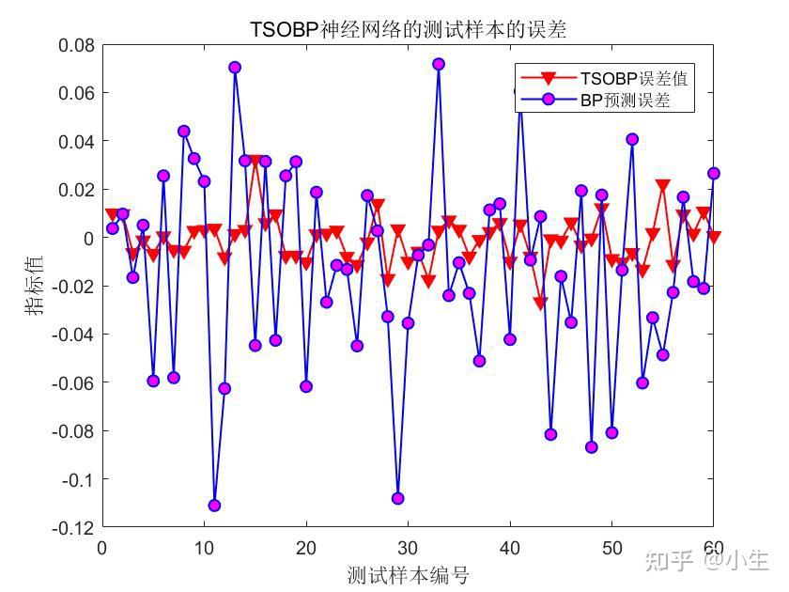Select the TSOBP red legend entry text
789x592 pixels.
pos(641,78)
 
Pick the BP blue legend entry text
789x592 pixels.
pos(634,100)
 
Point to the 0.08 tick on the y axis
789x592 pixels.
pos(77,45)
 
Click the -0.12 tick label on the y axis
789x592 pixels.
pos(74,527)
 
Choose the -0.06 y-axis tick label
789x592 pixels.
pos(74,382)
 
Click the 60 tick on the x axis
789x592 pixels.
pos(713,548)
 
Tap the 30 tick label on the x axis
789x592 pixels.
pos(408,548)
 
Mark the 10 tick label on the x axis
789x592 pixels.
pos(204,548)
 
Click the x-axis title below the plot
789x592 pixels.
pos(408,574)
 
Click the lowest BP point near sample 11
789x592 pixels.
pos(214,506)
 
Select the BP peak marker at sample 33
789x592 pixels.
pos(438,64)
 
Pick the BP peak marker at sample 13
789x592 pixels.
pos(235,67)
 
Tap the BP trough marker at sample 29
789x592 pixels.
pos(397,498)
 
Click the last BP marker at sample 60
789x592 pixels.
pos(713,173)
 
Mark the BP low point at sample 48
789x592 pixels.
pos(591,447)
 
